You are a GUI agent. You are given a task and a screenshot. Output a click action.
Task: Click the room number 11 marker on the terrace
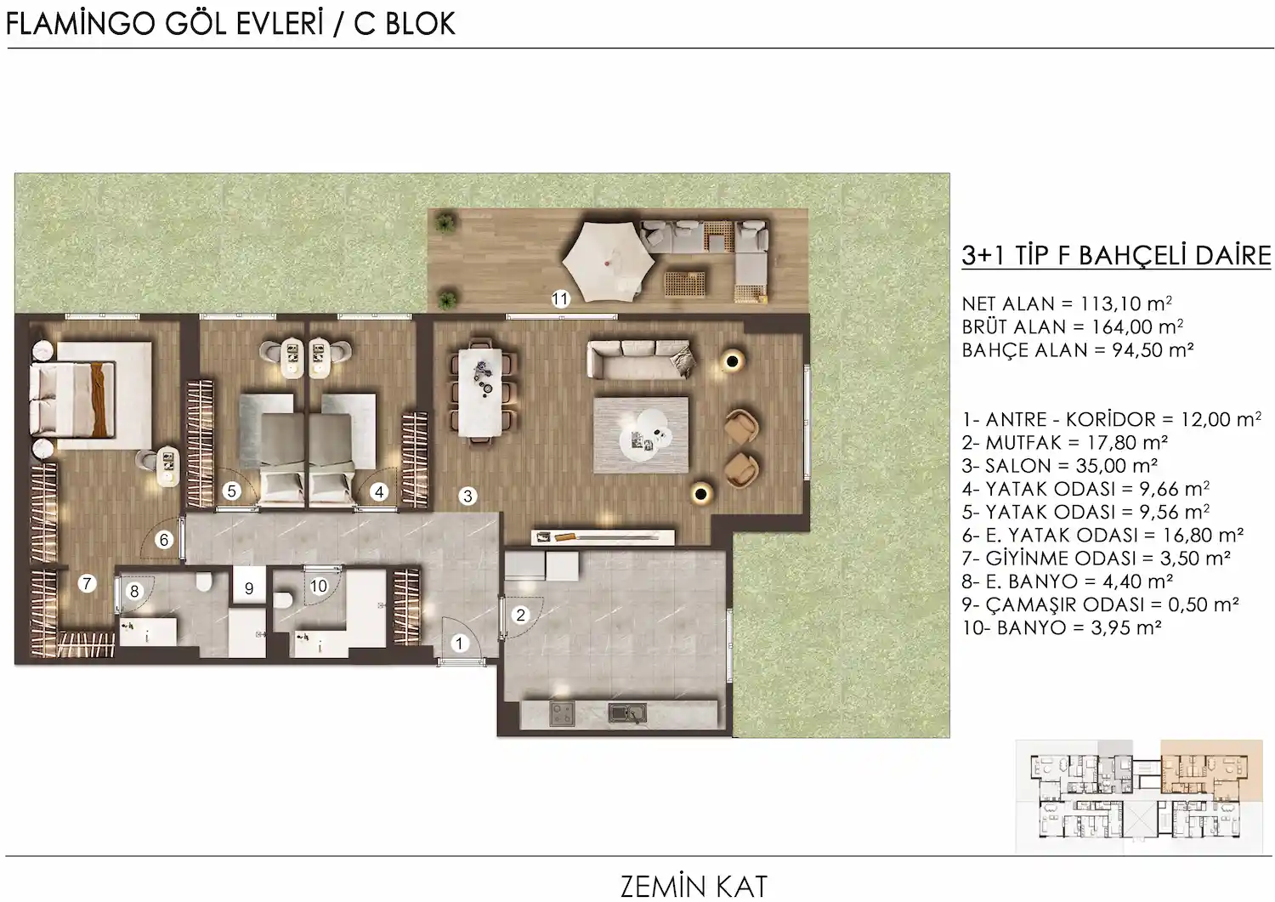tap(560, 298)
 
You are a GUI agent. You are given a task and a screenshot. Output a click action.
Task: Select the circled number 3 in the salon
tap(467, 496)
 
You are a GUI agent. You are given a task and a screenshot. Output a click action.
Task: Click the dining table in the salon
tap(481, 393)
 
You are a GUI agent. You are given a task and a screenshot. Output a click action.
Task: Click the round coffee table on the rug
tap(646, 434)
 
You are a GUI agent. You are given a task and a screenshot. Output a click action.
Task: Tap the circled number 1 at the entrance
tap(459, 644)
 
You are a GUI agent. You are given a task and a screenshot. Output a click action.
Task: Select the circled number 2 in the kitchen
tap(520, 615)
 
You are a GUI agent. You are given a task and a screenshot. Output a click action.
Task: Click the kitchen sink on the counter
tap(627, 712)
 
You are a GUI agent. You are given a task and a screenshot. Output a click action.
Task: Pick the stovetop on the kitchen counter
tap(562, 713)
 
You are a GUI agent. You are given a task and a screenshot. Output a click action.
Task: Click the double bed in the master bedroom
tap(73, 400)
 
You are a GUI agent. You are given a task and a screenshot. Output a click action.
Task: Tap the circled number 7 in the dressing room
tap(87, 583)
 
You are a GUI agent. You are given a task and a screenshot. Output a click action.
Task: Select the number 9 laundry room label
tap(249, 588)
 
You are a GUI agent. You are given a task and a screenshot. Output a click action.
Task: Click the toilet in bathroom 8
tap(204, 581)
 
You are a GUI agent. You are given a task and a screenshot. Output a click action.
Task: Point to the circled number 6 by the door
tap(164, 539)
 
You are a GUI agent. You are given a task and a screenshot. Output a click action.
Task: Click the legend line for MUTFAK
tap(1065, 442)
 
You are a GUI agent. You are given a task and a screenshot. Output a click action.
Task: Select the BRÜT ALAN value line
tap(1073, 326)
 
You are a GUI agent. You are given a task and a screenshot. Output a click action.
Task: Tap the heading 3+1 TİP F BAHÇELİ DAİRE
tap(1116, 256)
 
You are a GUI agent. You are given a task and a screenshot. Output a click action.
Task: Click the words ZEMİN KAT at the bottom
tap(694, 887)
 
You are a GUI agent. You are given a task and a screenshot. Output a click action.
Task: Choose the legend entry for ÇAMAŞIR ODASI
tap(1100, 604)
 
